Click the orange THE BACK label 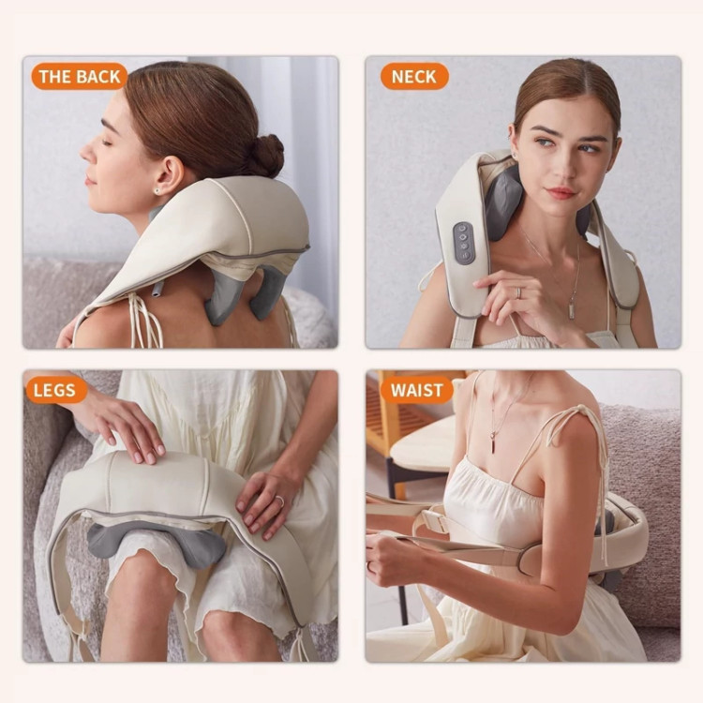80,76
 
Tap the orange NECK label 413,76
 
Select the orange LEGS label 54,390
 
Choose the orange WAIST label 417,390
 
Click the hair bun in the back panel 265,155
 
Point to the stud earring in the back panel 157,190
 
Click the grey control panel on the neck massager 463,243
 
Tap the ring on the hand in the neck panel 518,292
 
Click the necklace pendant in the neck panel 572,310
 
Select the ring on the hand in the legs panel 279,501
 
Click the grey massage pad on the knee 156,543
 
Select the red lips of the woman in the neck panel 560,193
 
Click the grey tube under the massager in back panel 157,289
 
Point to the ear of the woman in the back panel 167,176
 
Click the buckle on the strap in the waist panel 436,520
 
